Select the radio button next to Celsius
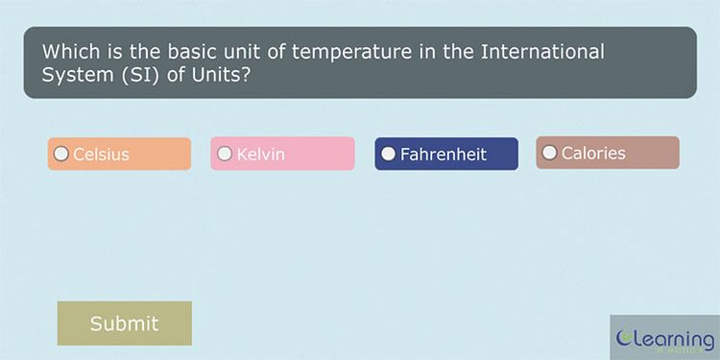click(x=61, y=154)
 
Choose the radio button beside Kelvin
click(x=225, y=154)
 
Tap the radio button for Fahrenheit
click(x=389, y=154)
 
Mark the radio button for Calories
click(x=549, y=153)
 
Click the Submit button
click(x=124, y=324)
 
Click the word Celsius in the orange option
click(x=101, y=154)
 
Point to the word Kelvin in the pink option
click(x=260, y=154)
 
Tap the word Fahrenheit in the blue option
click(x=443, y=154)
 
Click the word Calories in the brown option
click(x=593, y=153)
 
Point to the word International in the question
click(x=544, y=52)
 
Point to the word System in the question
click(x=74, y=75)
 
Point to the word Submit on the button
click(x=124, y=324)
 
